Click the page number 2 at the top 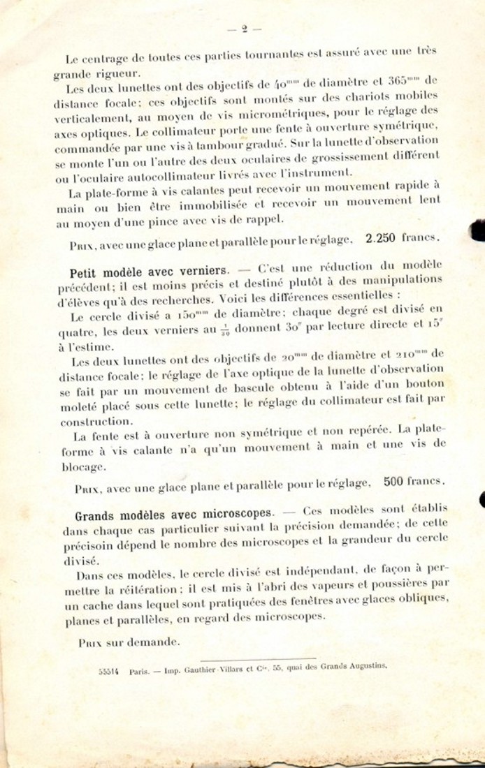click(244, 29)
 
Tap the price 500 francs click(413, 481)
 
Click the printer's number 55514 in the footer click(108, 669)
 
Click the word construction click(96, 422)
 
